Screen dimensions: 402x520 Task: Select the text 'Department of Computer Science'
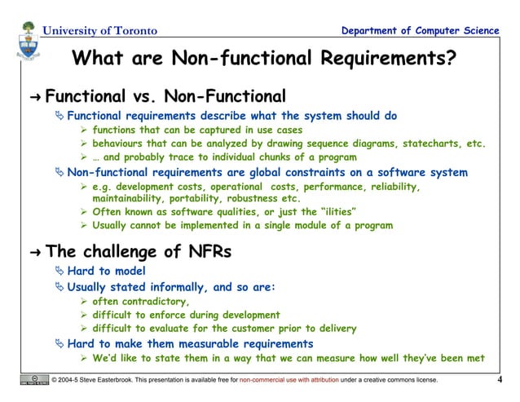pos(421,31)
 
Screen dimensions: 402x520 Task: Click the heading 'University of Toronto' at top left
pos(99,31)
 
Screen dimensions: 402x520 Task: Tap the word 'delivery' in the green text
pos(335,329)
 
